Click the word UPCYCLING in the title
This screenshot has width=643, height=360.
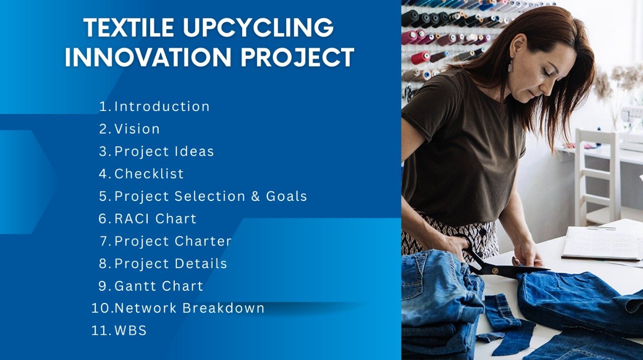(x=258, y=28)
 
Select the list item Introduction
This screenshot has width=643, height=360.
(x=162, y=106)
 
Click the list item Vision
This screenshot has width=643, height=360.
(x=137, y=129)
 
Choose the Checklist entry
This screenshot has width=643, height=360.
(x=149, y=174)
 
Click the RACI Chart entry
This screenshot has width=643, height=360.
(x=155, y=218)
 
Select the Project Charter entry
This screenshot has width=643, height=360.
(x=173, y=241)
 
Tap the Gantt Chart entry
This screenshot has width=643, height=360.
(x=159, y=286)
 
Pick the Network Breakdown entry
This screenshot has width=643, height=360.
(x=189, y=308)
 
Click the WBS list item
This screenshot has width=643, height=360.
(x=130, y=330)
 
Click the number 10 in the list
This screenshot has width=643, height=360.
(x=101, y=308)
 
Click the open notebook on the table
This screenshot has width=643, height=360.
(x=601, y=243)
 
